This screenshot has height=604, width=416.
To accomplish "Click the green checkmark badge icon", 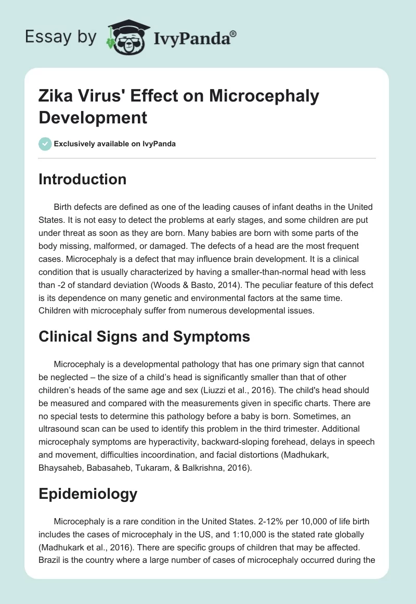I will pos(45,144).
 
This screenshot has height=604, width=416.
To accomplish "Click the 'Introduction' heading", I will pos(83,179).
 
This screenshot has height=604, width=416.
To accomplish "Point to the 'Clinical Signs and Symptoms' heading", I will pos(145,336).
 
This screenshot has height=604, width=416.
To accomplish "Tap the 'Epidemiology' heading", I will pos(88,494).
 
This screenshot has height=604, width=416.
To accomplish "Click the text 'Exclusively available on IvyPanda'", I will pos(115,144).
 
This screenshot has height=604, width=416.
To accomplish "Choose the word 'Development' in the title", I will pos(93,117).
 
